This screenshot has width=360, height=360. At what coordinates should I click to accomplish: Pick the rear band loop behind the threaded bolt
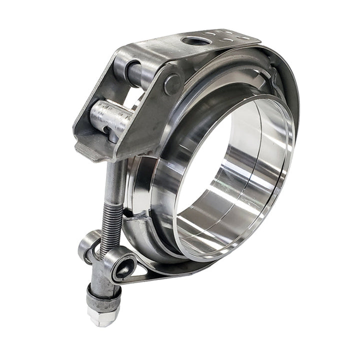(x=89, y=245)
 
